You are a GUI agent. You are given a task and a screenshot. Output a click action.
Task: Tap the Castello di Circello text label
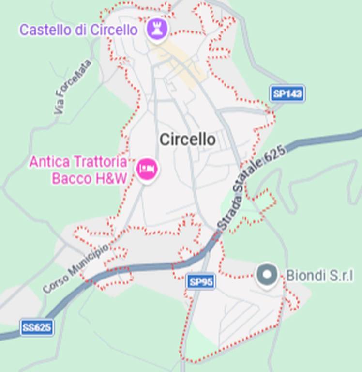coord(78,30)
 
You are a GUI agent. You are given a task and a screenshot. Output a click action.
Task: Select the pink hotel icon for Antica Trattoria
coord(146,169)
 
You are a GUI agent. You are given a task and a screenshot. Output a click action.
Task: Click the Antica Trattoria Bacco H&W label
coord(79,170)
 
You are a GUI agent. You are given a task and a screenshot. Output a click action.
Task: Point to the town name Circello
coord(187,139)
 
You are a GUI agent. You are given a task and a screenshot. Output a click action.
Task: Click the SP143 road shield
coord(287,93)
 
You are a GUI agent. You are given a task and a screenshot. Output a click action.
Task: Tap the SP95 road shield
coord(201,281)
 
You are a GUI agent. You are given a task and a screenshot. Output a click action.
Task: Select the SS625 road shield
coord(37,328)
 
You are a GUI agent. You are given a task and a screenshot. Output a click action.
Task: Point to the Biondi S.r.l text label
coord(319,275)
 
